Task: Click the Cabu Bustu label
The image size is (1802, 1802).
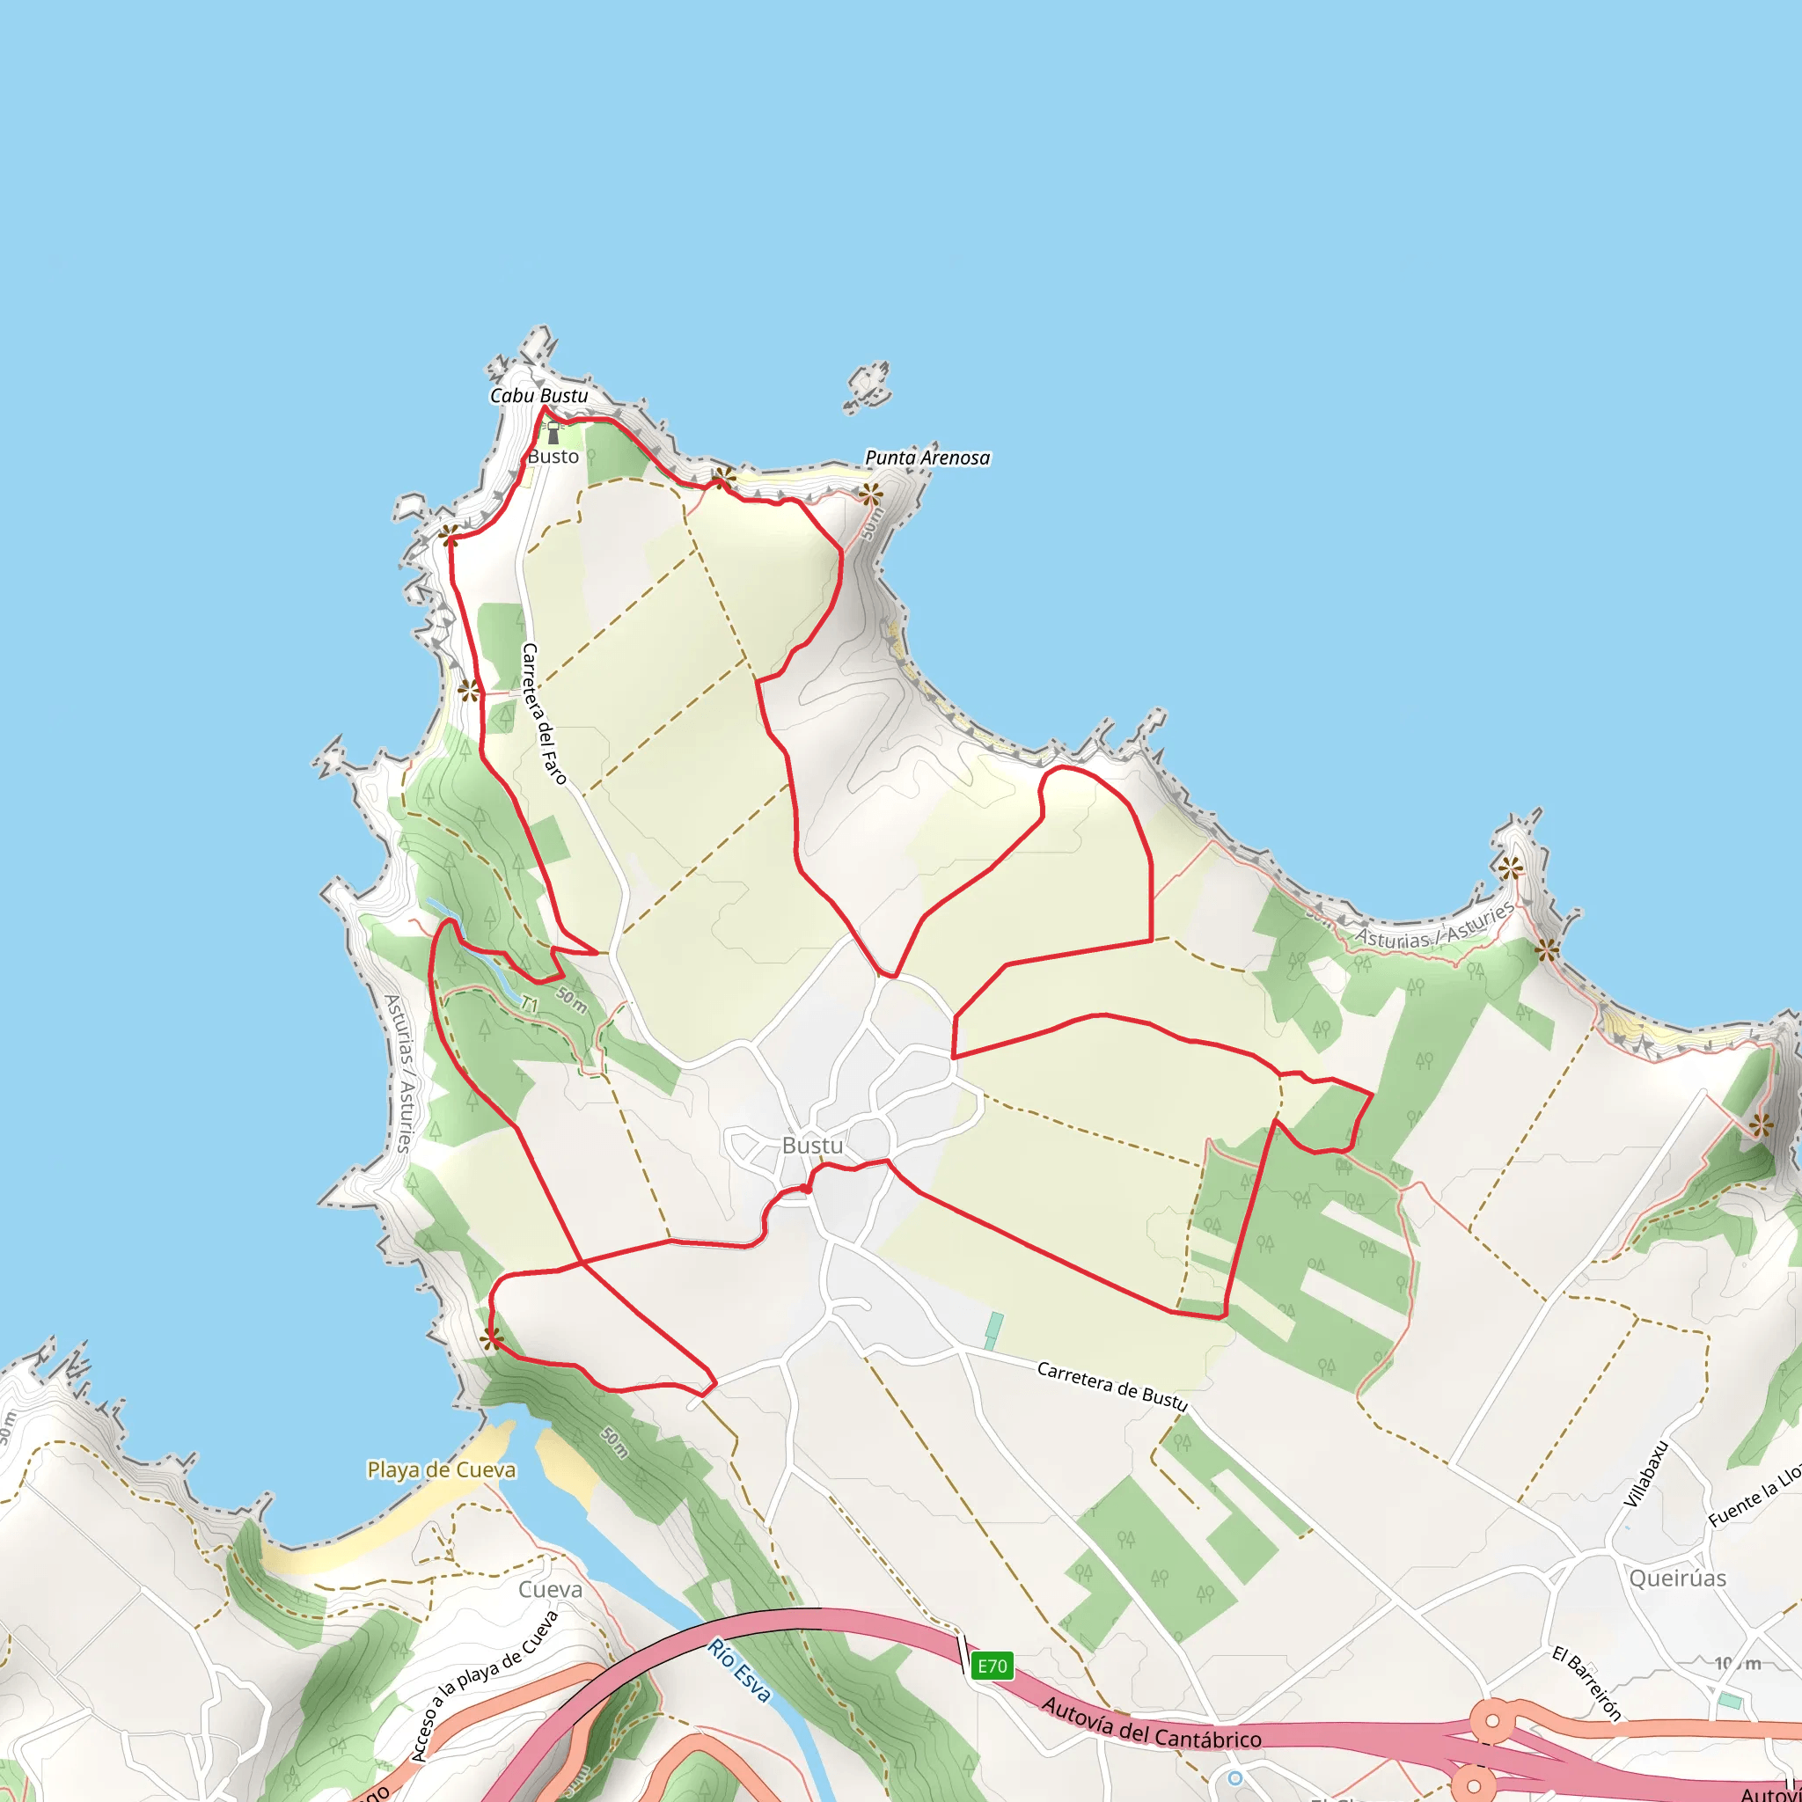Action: coord(539,395)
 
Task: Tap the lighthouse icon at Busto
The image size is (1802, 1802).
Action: coord(553,433)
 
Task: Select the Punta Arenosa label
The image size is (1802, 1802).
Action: coord(927,458)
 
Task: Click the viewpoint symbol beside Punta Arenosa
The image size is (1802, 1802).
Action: coord(870,494)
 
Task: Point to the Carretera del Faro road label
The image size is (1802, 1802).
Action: coord(544,714)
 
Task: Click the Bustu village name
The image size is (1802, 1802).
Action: coord(812,1146)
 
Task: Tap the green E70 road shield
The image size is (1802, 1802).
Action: coord(992,1666)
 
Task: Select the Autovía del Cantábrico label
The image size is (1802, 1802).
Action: coord(1151,1723)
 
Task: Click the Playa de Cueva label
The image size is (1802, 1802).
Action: coord(441,1470)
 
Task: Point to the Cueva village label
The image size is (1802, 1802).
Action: coord(550,1589)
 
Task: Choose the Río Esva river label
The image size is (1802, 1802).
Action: coord(739,1671)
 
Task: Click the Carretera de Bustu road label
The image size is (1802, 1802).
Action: coord(1112,1386)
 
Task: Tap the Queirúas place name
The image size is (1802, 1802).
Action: coord(1677,1579)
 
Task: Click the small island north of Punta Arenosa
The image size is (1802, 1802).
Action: coord(868,385)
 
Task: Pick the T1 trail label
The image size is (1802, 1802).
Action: coord(530,1006)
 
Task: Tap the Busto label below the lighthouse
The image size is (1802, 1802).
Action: coord(553,457)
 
